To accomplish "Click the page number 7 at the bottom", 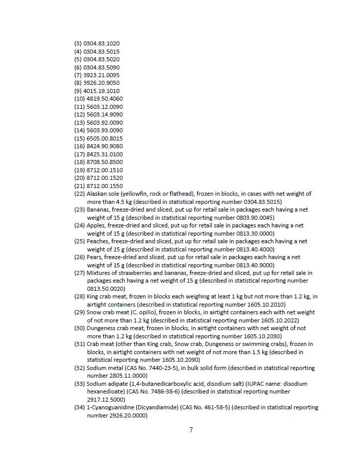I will (x=191, y=430).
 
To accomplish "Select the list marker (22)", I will (x=79, y=194).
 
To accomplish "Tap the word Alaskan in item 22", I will (x=98, y=194).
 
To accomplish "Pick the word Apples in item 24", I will (x=96, y=225).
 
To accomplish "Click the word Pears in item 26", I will (x=95, y=257).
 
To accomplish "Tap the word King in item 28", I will (x=93, y=296).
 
